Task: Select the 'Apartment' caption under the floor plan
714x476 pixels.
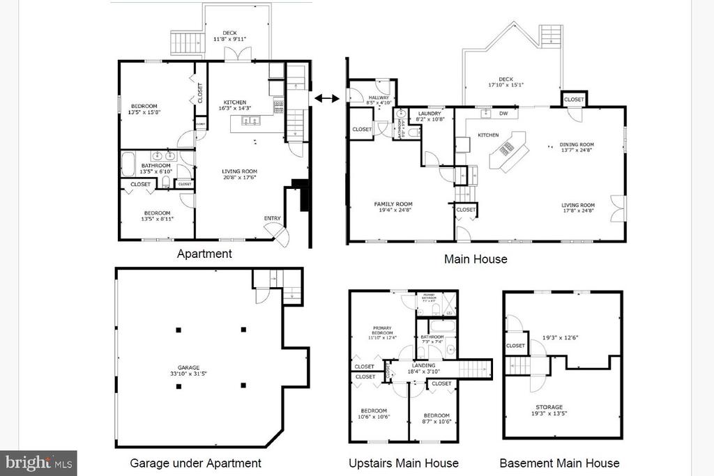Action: (x=204, y=254)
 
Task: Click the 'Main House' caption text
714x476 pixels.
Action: (x=476, y=259)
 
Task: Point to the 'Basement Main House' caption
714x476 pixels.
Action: (x=559, y=463)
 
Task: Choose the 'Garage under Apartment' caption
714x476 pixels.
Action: (x=195, y=463)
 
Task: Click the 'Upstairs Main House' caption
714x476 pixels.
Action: (x=404, y=463)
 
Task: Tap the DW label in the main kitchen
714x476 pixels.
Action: (x=503, y=113)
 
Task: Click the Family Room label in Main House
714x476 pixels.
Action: (x=394, y=208)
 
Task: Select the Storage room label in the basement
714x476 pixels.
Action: (x=549, y=410)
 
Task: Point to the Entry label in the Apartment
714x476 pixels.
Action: (x=272, y=218)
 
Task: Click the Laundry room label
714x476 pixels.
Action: (x=430, y=116)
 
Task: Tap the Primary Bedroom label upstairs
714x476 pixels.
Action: (x=382, y=332)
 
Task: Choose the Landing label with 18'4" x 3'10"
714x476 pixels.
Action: (x=423, y=369)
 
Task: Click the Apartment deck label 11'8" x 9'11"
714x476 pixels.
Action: (x=230, y=36)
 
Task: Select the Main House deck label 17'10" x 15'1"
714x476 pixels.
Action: (x=506, y=82)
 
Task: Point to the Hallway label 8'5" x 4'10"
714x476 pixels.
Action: (x=379, y=100)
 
